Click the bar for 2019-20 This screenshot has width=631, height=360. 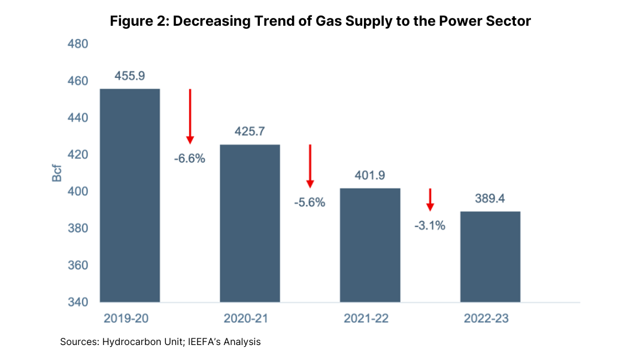[x=129, y=195]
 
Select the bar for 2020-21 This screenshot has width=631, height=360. [x=250, y=223]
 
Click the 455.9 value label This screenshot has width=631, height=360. [x=129, y=76]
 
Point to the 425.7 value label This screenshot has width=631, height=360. [x=250, y=131]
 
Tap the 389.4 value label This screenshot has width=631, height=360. [x=490, y=198]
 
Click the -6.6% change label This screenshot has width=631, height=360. [x=190, y=159]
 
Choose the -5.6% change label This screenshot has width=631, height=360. [x=310, y=202]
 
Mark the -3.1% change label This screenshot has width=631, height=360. [x=429, y=226]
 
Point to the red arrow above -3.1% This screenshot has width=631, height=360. [x=430, y=199]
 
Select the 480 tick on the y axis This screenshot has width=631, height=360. [x=77, y=44]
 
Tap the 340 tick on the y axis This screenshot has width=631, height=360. [x=77, y=302]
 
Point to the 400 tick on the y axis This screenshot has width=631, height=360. [x=77, y=192]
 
